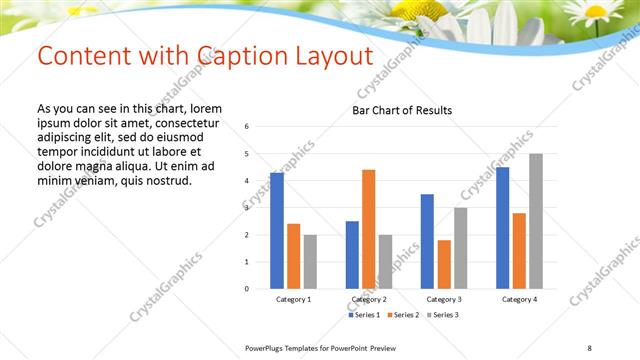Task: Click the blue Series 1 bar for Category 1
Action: coord(277,231)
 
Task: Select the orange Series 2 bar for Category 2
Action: coord(369,229)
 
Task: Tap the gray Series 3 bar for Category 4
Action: coord(536,221)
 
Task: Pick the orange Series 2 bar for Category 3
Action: coord(444,264)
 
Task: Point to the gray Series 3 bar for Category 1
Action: coord(310,262)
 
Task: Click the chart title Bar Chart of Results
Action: coord(402,110)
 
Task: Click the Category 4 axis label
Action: coord(519,300)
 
